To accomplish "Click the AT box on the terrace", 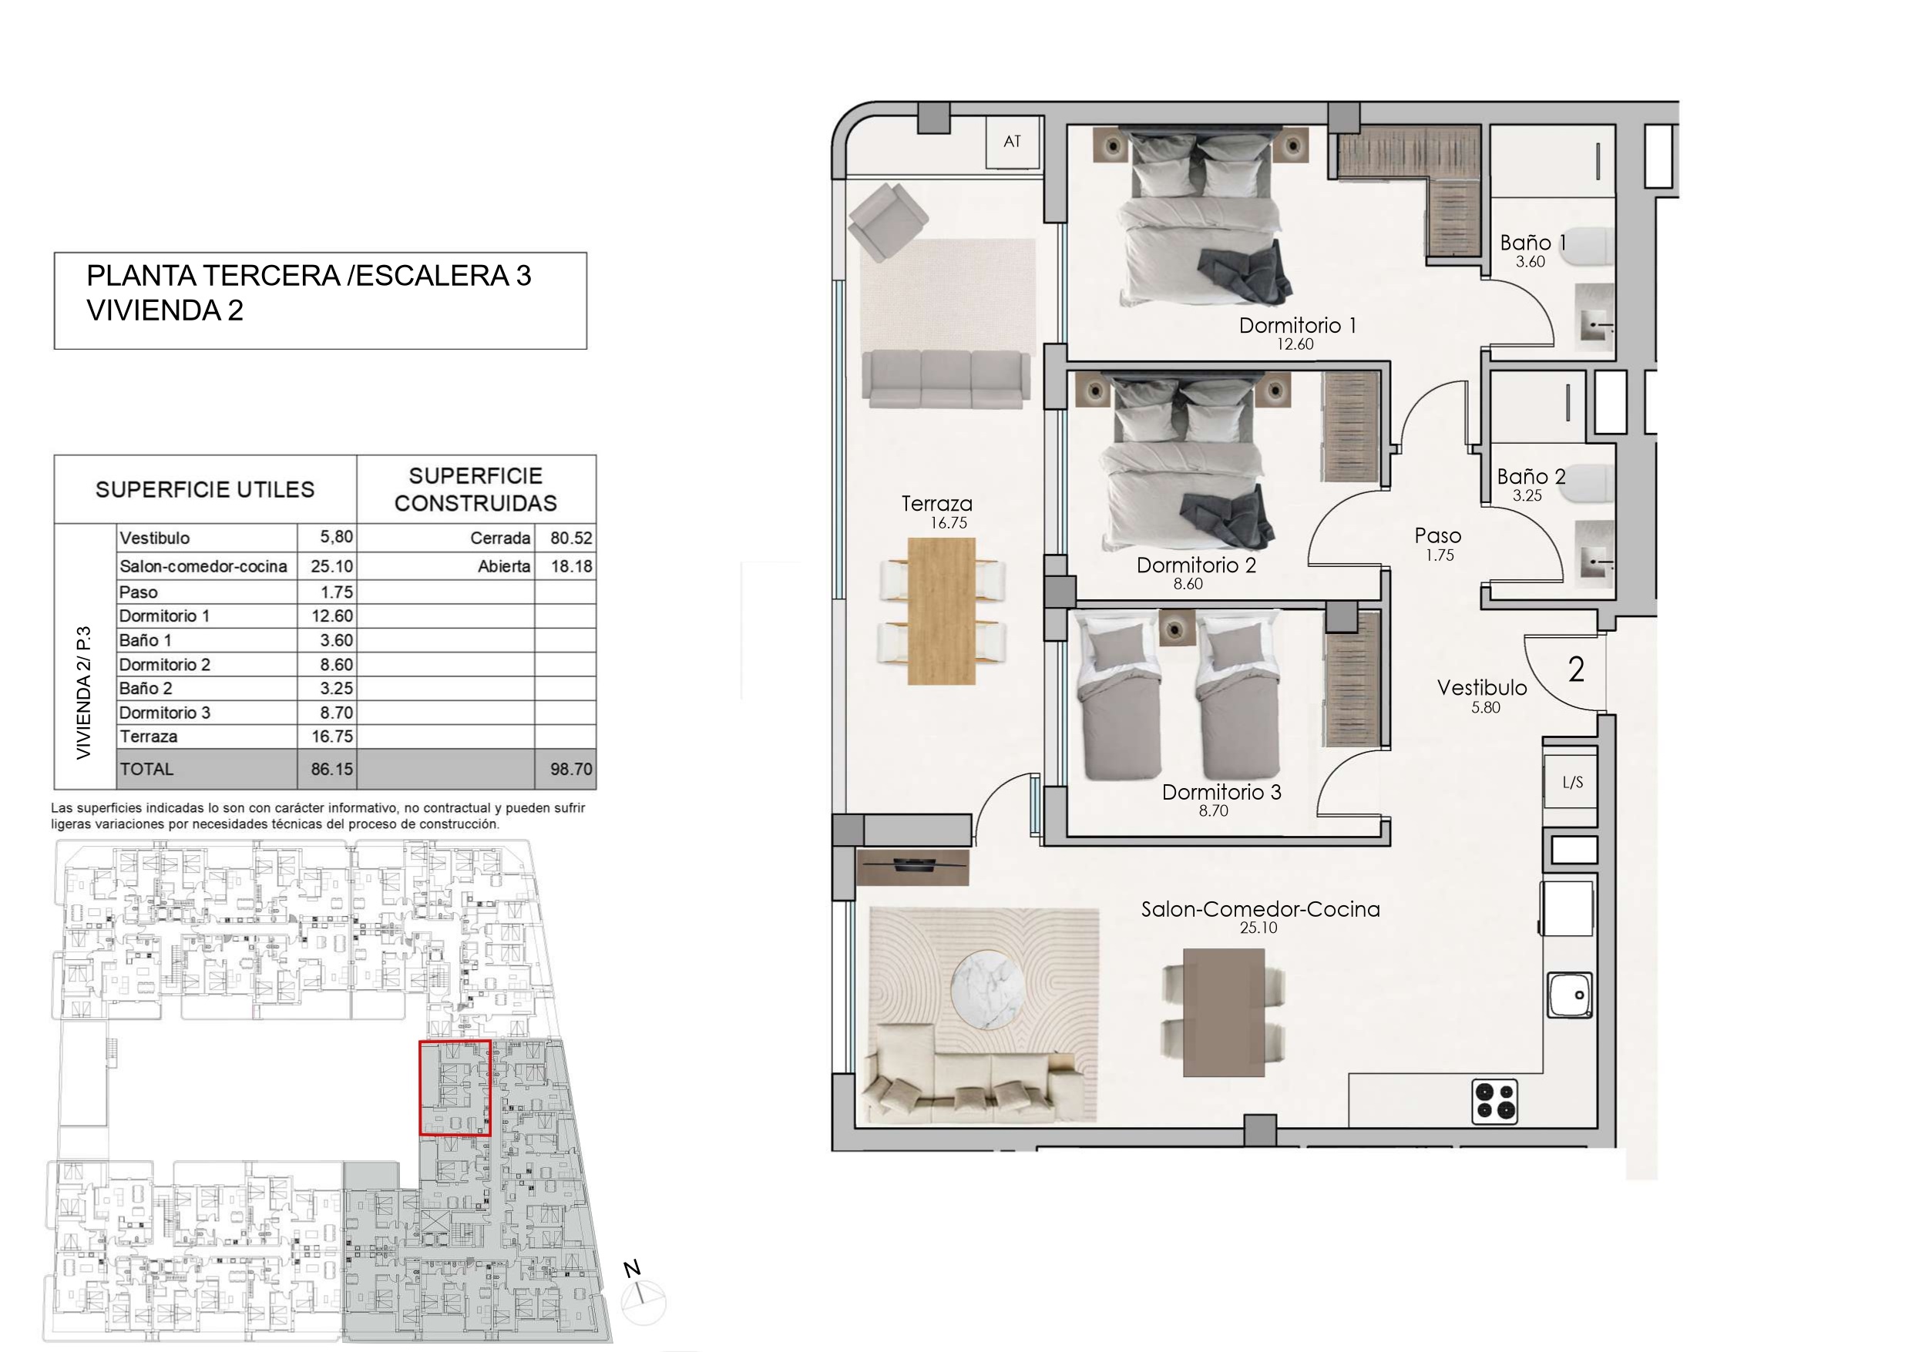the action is pos(1013,143).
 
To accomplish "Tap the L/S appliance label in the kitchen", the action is pos(1572,782).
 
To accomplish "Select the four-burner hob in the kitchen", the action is pos(1495,1101).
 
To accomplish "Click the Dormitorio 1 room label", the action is pos(1298,326).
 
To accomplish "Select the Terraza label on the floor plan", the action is pos(937,504).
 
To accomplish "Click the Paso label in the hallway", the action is pos(1437,536).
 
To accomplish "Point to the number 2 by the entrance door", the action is pos(1575,670).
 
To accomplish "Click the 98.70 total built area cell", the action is pos(571,770).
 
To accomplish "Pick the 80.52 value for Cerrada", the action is pos(571,538).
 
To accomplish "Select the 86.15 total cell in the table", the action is pos(332,770).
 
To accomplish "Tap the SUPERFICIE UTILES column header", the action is pos(205,489).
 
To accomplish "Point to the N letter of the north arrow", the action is pos(632,1269).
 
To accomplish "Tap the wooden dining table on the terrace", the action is pos(941,611).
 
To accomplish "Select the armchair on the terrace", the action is pos(888,220).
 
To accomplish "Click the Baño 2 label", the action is pos(1531,477).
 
